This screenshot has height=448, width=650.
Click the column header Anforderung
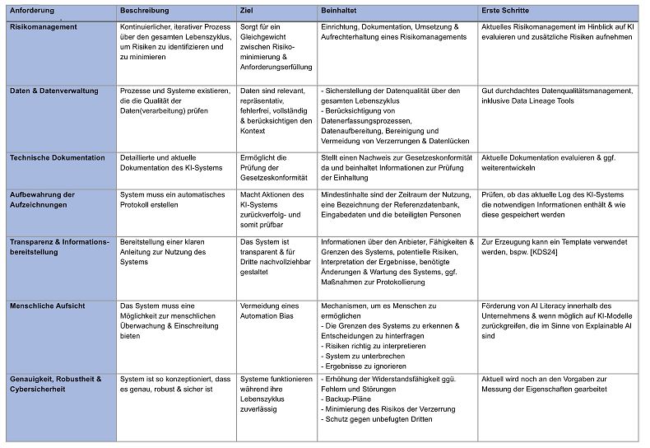32,11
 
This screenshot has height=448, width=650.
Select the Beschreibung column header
144,11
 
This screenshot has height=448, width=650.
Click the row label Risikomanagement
44,26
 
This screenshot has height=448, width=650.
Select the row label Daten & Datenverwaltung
53,90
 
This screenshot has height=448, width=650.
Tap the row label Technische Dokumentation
58,157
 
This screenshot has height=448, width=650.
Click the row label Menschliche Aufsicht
47,306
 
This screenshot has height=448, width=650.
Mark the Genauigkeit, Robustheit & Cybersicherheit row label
55,384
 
